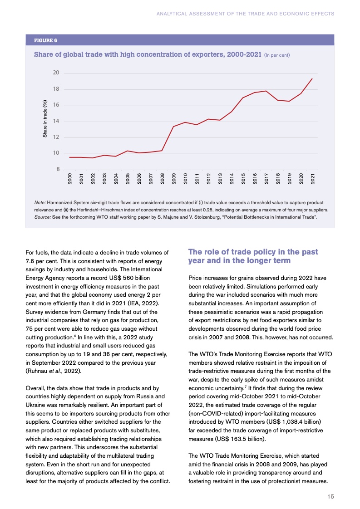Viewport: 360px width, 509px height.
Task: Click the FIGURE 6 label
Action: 46,40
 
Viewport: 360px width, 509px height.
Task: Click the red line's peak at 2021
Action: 312,78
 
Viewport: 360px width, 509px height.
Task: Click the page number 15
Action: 331,497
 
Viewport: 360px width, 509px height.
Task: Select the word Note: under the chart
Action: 39,202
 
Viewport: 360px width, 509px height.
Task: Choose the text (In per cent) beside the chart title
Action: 276,55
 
